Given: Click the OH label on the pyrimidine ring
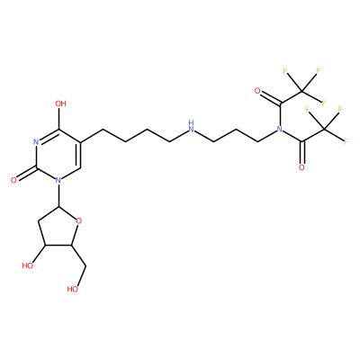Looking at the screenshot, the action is [60, 103].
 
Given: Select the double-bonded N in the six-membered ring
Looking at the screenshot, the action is [36, 142].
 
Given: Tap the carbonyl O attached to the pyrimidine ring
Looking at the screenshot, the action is [13, 180].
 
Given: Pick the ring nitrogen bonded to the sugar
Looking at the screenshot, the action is [58, 180].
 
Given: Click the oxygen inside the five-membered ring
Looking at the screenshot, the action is [79, 221].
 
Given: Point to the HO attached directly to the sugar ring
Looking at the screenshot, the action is [28, 265].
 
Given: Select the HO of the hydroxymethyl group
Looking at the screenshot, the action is [73, 289].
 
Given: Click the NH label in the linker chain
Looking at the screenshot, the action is [191, 127].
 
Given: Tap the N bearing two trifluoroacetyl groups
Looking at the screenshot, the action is [279, 130].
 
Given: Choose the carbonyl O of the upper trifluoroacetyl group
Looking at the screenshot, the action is [257, 91].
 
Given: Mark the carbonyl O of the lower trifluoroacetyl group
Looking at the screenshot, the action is [301, 167].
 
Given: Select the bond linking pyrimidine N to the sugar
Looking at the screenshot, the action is [58, 195].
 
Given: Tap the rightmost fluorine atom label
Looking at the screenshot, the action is [346, 141].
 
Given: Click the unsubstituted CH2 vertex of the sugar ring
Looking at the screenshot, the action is [38, 222].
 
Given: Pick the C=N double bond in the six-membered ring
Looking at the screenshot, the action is [48, 136].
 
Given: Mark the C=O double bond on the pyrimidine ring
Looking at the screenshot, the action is [25, 174].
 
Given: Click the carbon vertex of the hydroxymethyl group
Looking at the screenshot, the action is [86, 265].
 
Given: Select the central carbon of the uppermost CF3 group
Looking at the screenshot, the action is [301, 91].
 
